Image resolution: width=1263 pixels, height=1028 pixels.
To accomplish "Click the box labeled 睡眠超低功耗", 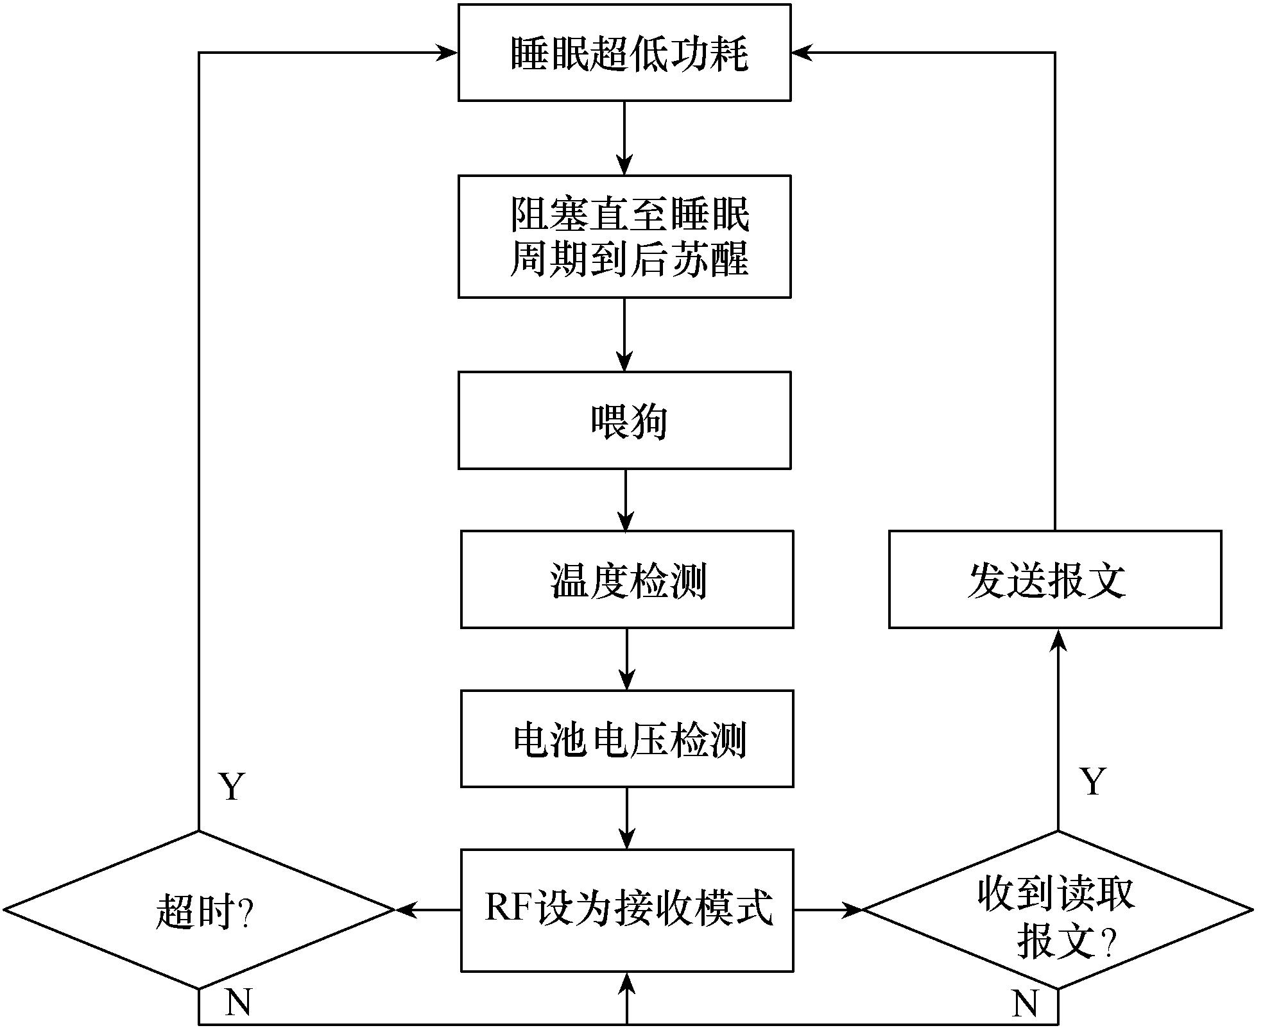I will [x=624, y=53].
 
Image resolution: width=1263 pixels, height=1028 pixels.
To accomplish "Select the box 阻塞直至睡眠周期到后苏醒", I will [x=624, y=236].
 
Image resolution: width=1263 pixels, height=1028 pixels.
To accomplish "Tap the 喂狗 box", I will [x=624, y=420].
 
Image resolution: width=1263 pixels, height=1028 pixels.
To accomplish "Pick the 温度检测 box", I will [x=626, y=579].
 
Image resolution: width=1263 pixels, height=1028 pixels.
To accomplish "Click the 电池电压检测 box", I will [x=626, y=739].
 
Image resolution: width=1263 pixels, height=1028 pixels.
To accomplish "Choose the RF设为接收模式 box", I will [x=626, y=909].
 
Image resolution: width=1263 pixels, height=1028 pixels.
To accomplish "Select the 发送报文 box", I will [x=1054, y=579].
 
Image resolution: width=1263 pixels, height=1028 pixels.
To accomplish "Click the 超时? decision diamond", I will [x=199, y=909].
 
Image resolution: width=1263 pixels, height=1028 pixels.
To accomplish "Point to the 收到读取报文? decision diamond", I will [x=1057, y=909].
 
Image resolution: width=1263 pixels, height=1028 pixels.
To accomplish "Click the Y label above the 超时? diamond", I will [x=232, y=786].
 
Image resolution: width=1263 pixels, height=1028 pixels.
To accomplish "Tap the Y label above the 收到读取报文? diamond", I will [x=1092, y=782].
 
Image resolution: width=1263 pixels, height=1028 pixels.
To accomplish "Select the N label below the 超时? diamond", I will [x=238, y=1001].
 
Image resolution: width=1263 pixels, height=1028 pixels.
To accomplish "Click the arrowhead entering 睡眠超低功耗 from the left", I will [x=447, y=53].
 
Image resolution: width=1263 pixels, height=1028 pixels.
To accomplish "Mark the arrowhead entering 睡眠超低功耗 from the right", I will [x=802, y=53].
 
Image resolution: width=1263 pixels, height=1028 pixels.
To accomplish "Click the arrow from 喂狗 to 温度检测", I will [x=625, y=500].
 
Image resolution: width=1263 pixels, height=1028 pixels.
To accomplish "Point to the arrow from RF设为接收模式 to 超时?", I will [x=427, y=909].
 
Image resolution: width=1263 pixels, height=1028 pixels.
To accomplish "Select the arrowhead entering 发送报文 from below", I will [x=1058, y=640].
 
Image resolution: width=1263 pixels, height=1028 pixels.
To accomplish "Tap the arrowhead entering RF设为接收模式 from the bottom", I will [x=626, y=983].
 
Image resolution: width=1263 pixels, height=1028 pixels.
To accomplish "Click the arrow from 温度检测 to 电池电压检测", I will [x=626, y=659].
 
